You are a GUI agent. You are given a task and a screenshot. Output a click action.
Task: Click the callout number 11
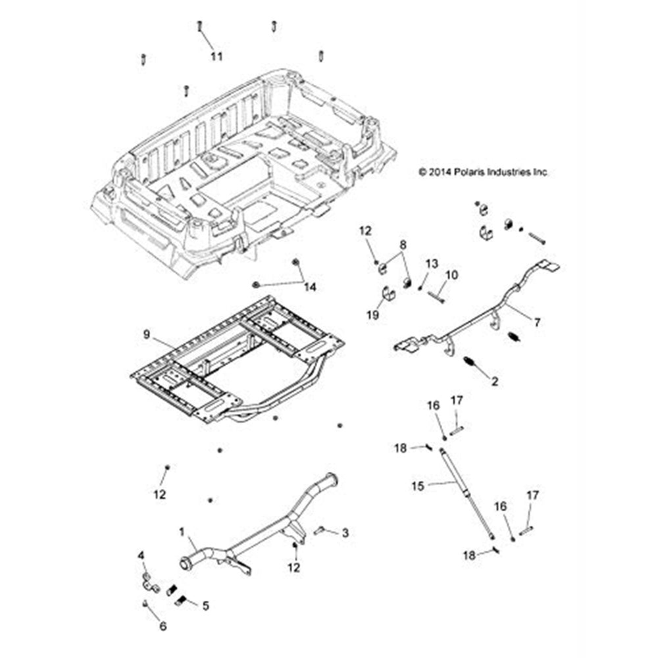coord(216,57)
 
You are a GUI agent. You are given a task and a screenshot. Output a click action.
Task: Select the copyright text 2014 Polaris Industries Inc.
coord(483,172)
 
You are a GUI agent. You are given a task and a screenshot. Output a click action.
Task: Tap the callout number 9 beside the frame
coord(146,335)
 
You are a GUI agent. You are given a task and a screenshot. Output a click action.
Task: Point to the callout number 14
coord(310,287)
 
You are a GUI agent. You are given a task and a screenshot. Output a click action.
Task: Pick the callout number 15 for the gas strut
coord(417,486)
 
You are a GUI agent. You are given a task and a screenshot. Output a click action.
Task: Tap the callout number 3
coord(345,533)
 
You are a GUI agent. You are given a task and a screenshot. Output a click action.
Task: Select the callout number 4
coord(140,556)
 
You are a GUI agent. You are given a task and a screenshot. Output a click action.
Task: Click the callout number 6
coord(163,626)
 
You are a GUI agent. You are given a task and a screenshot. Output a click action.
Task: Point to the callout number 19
coord(372,315)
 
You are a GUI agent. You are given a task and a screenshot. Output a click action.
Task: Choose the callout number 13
coord(431,263)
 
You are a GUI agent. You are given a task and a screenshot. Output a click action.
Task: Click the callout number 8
coord(403,245)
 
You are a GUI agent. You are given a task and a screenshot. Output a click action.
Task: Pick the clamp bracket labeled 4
coord(149,583)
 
